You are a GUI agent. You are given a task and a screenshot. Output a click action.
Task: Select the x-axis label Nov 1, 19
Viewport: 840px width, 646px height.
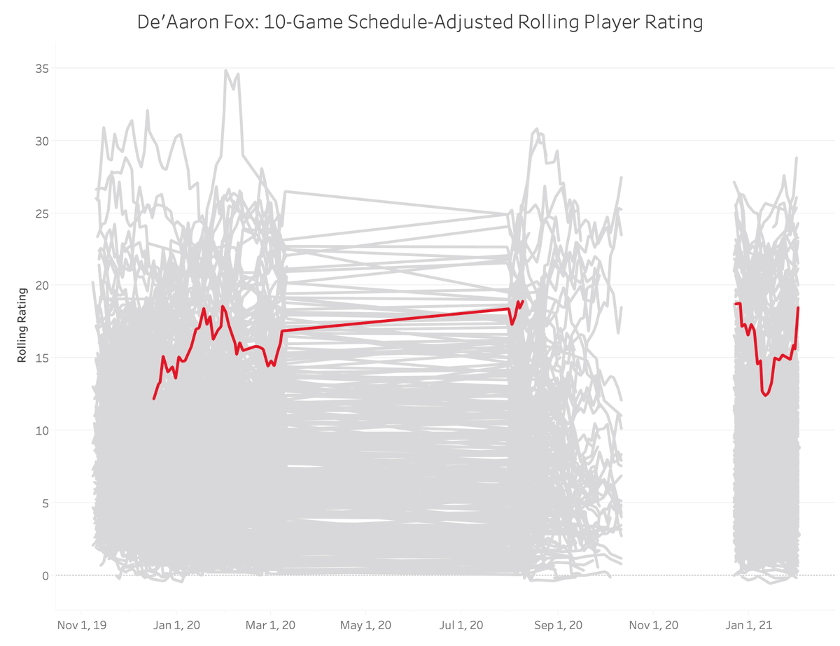81,624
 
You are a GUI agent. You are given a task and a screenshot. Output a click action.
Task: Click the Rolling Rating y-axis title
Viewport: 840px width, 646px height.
22,325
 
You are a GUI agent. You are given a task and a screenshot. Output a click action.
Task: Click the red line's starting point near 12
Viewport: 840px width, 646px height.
154,398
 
